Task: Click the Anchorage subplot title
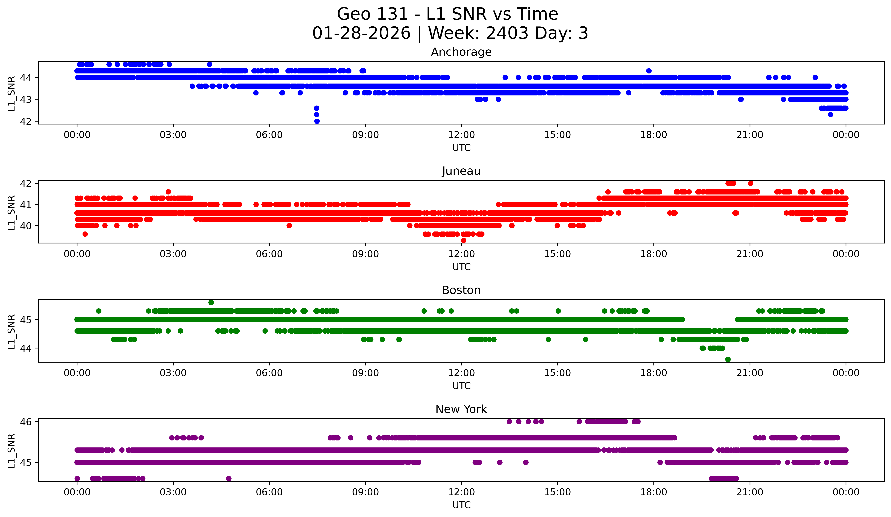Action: (x=461, y=52)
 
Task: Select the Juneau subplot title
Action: (x=461, y=171)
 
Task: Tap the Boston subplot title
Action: (x=461, y=290)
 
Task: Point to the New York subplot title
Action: (x=461, y=409)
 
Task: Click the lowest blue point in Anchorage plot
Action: (x=317, y=121)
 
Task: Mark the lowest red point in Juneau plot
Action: (x=463, y=240)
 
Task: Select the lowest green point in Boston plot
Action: (x=728, y=359)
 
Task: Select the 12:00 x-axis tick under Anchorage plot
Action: (x=461, y=135)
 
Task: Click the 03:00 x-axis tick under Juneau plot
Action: (x=173, y=254)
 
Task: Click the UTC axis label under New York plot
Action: (x=461, y=505)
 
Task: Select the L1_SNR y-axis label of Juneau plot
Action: (x=11, y=212)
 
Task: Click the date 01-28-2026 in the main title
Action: (x=361, y=33)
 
